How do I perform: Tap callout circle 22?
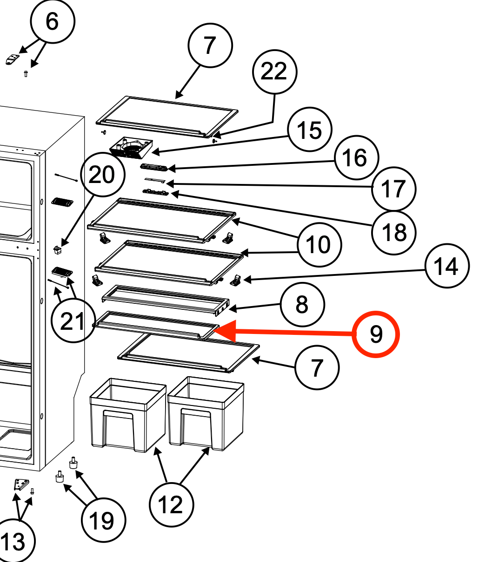274,72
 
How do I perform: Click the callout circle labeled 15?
309,131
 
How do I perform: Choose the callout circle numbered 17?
393,189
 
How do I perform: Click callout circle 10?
319,244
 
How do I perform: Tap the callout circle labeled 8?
302,305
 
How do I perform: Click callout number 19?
103,521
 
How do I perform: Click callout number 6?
52,21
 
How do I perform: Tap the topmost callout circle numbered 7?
210,46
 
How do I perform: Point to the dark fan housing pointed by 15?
131,146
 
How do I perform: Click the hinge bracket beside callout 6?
13,59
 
